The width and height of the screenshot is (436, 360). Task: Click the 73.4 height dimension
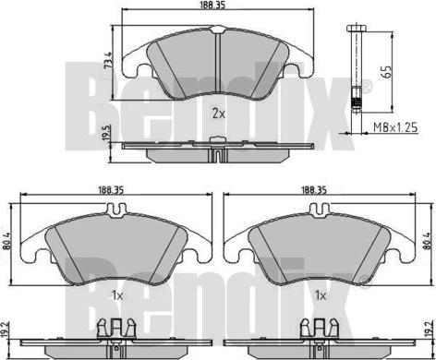click(x=107, y=60)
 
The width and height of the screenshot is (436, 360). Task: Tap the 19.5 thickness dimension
click(x=107, y=133)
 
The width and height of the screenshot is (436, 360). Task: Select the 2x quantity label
click(x=219, y=114)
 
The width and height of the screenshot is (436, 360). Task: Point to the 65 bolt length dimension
click(x=387, y=71)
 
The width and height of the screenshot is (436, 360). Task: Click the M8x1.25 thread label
click(x=395, y=126)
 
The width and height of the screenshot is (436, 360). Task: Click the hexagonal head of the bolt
click(x=357, y=29)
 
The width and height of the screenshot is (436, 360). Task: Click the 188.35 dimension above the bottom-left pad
click(x=111, y=190)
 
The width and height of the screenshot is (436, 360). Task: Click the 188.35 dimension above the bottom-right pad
click(x=314, y=190)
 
